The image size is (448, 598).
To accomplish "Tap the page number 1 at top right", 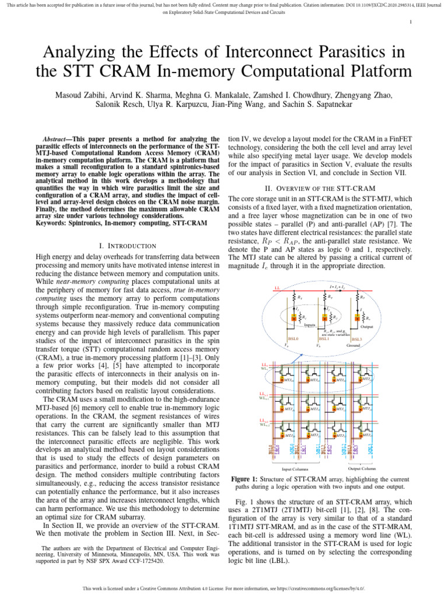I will coord(411,23).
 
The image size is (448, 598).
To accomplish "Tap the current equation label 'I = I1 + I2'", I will coord(337,286).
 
